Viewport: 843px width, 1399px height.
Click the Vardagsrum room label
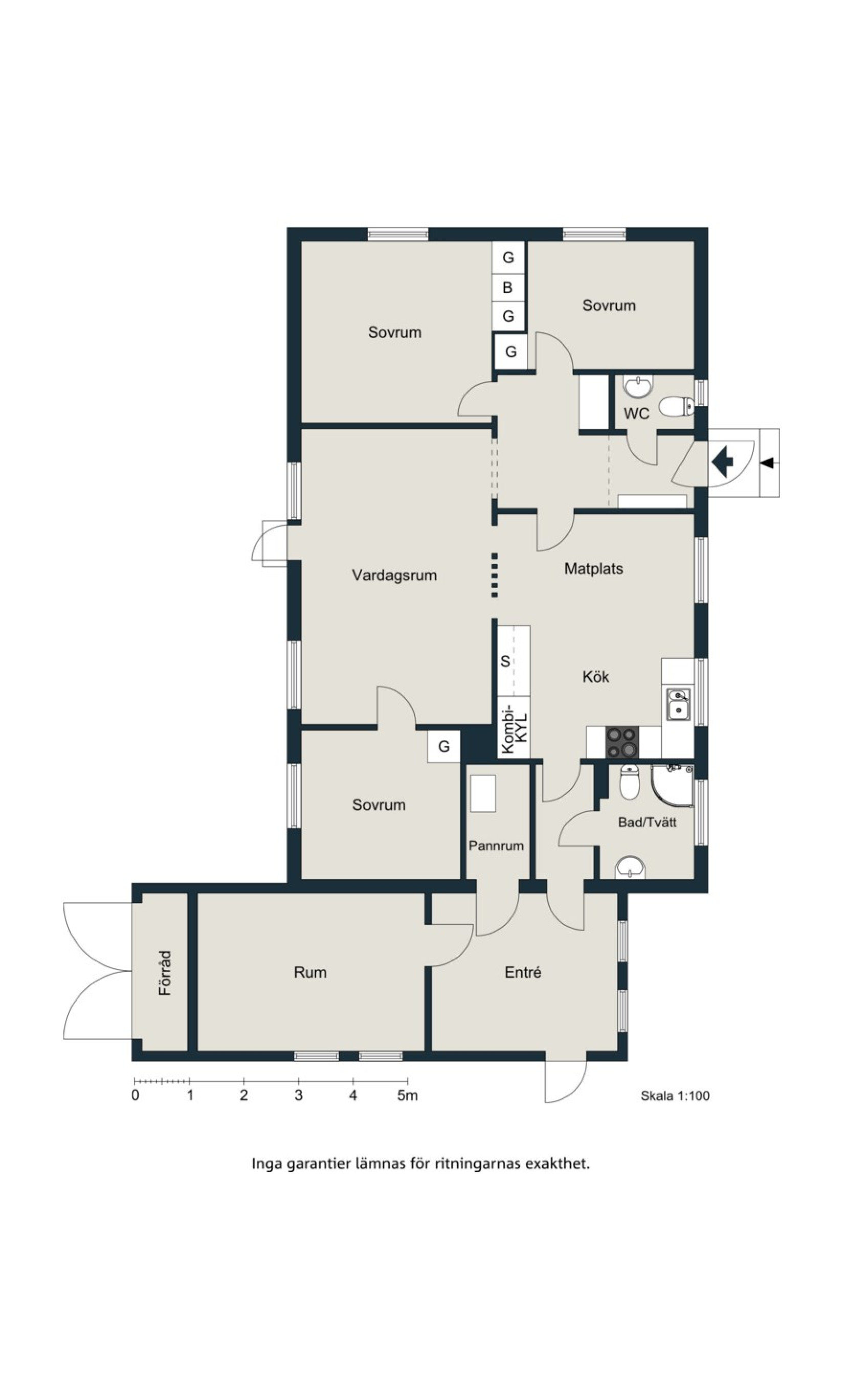394,575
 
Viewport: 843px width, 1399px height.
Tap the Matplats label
593,569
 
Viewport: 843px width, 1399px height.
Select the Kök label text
596,676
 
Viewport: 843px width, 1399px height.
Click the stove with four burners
622,742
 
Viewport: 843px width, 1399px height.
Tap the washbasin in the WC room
638,386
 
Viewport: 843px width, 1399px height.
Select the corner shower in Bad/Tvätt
673,786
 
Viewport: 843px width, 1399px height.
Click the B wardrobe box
508,287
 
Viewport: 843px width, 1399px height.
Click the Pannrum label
496,845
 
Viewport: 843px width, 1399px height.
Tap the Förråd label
165,973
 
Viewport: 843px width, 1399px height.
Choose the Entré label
523,972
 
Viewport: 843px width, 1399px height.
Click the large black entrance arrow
721,462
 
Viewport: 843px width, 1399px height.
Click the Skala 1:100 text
675,1096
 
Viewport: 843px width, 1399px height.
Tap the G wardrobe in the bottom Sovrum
443,746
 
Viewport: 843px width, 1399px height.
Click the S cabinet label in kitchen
505,661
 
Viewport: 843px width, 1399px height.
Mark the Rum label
309,972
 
